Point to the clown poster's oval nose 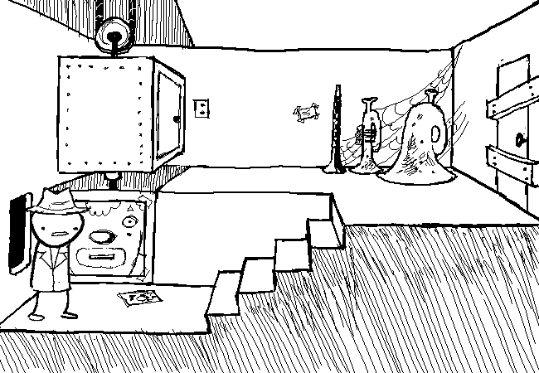(x=102, y=237)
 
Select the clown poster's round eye (x=129, y=222)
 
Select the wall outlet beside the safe (x=202, y=108)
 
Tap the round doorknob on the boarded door (x=521, y=139)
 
